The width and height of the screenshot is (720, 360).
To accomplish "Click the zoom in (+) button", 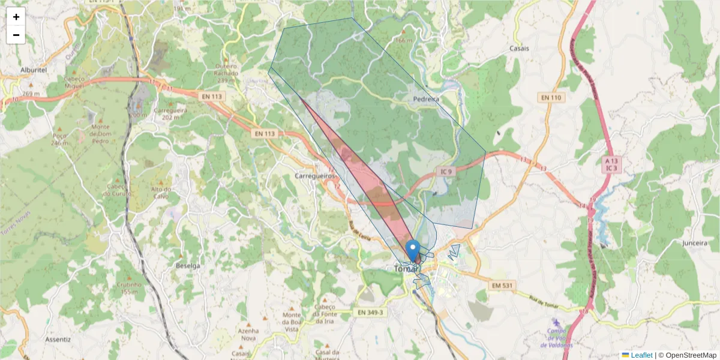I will click(16, 17).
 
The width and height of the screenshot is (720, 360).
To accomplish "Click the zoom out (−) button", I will click(16, 35).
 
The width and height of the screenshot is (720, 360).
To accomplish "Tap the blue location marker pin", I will click(413, 250).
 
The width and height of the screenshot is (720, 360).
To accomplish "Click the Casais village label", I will click(519, 49).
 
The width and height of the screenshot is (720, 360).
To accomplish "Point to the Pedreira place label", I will click(427, 99).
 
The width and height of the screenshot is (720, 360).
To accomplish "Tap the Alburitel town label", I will click(34, 70).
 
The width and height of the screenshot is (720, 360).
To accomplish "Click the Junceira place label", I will click(695, 244).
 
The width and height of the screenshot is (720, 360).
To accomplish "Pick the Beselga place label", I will click(187, 265).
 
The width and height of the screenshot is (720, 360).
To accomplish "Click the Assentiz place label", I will click(58, 339).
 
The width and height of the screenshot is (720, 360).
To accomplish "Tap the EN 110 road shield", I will click(550, 98).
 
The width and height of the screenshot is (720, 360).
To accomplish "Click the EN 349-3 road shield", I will click(370, 313).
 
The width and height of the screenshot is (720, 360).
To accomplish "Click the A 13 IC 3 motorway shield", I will click(611, 164).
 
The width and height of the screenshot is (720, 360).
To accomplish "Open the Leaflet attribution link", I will click(641, 355).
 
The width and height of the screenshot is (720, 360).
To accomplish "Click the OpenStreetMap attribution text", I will click(691, 355).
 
